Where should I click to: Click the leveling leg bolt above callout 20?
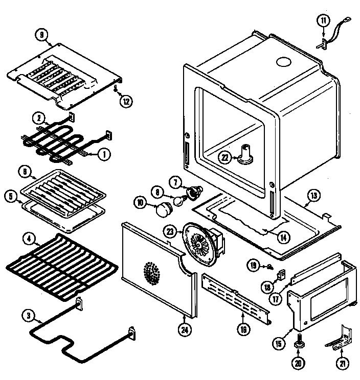coord(298,340)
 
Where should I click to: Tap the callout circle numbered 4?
coord(30,237)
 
